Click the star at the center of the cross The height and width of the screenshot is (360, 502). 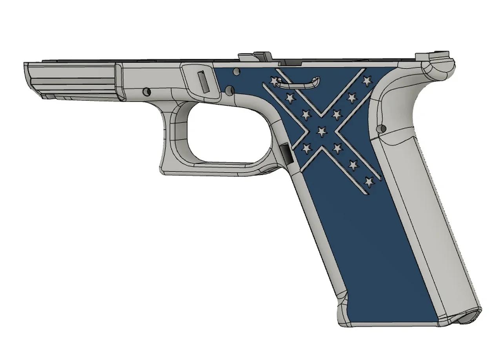(322, 131)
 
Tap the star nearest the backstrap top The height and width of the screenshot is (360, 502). (367, 81)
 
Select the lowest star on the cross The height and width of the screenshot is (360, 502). (369, 182)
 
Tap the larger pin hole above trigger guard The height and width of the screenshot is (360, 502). (230, 91)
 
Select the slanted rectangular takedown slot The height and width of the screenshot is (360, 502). (203, 81)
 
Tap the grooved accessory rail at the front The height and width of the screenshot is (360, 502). (71, 78)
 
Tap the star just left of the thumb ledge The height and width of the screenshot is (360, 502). (275, 81)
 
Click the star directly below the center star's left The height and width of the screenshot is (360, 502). (306, 148)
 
